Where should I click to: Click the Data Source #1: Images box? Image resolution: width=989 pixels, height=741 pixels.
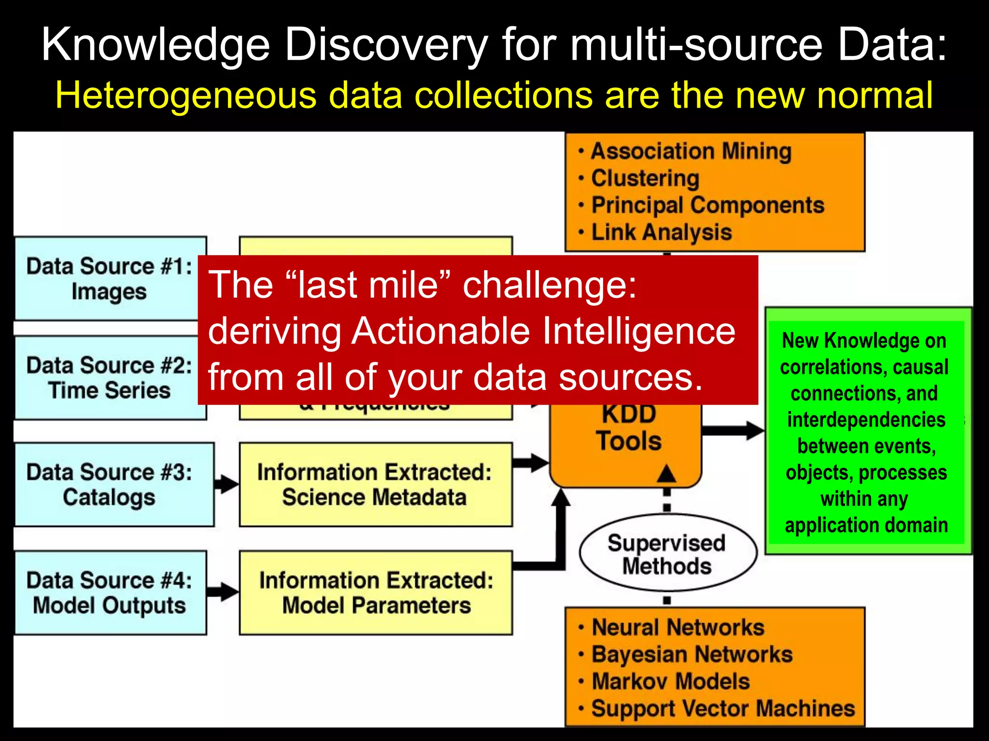[109, 278]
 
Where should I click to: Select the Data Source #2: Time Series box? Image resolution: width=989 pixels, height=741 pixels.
[109, 378]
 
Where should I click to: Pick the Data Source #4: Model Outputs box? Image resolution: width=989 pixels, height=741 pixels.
[110, 592]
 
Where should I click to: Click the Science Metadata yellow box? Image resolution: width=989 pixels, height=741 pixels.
[375, 484]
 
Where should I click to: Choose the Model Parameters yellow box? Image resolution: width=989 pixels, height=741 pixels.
[375, 592]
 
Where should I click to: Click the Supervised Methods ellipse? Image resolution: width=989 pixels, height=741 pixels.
[667, 554]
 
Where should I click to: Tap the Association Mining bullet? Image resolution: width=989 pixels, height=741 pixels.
[691, 151]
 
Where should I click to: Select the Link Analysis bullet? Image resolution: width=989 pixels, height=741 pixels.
[662, 233]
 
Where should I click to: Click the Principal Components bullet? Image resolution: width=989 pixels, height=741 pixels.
[707, 206]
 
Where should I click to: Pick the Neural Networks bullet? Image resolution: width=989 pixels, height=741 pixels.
[678, 628]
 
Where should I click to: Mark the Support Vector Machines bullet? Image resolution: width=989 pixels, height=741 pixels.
[723, 709]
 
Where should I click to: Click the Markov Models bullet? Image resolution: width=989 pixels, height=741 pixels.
[670, 682]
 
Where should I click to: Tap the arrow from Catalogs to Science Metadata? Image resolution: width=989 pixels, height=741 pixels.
[226, 484]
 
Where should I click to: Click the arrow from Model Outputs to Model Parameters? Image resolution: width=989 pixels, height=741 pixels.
[222, 591]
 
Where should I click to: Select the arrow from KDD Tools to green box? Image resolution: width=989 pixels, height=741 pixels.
[733, 430]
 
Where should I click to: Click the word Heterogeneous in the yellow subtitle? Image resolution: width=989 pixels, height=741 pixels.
[185, 95]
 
